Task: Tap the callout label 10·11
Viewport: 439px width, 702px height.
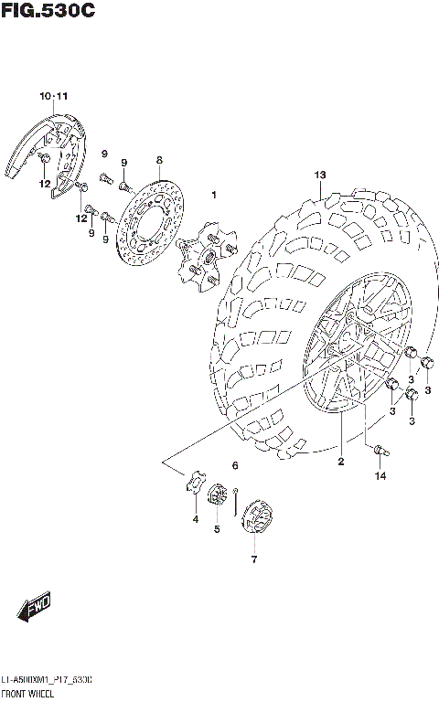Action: pos(53,96)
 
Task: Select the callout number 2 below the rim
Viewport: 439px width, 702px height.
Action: pos(340,462)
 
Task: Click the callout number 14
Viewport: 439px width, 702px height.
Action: pos(380,476)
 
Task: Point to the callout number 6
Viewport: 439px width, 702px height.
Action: pos(235,466)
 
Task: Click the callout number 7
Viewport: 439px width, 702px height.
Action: pos(254,558)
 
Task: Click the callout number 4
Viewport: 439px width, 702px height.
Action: pos(195,520)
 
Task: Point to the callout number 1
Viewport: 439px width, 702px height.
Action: pos(213,195)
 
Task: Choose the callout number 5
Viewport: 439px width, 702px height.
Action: pos(217,529)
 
